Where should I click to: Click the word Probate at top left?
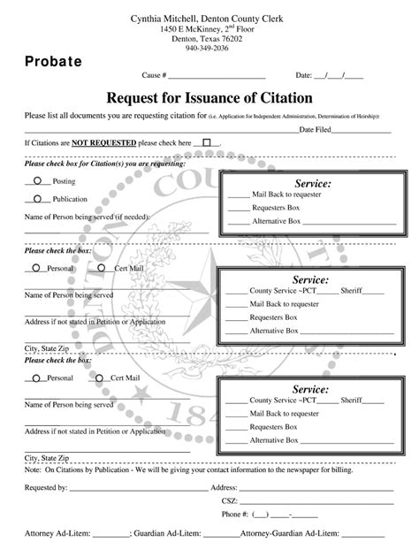[53, 61]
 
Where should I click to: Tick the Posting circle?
[38, 180]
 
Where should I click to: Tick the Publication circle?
[38, 199]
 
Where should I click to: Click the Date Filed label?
[316, 130]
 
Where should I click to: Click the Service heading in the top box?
[305, 183]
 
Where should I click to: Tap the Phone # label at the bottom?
[235, 514]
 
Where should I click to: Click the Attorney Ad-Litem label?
[57, 536]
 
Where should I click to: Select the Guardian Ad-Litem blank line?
[221, 536]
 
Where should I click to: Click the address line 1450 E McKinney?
[208, 29]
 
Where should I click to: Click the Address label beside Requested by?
[223, 486]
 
